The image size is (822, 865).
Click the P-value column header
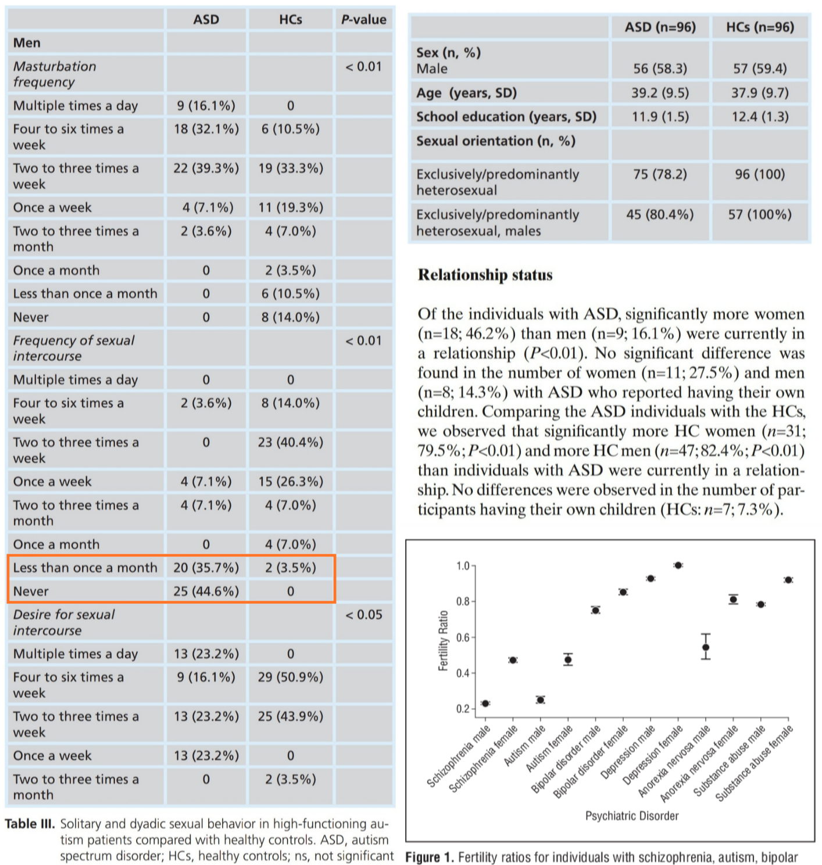click(x=363, y=20)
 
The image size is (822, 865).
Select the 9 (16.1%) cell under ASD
click(x=206, y=106)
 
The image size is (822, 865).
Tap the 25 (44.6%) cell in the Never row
click(x=206, y=591)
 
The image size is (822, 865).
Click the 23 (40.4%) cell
click(x=290, y=443)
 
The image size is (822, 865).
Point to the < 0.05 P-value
click(x=363, y=615)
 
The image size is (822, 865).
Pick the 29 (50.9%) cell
click(x=290, y=677)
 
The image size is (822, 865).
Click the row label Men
click(x=27, y=43)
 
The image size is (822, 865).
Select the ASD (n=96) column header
click(x=660, y=27)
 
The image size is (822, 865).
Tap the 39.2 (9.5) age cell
click(x=660, y=93)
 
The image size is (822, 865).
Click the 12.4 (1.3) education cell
click(x=760, y=117)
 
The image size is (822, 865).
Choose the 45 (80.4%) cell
click(x=660, y=215)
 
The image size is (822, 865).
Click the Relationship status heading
click(x=485, y=275)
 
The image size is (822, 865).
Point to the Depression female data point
click(x=678, y=565)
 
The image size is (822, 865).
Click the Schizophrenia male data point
click(x=485, y=704)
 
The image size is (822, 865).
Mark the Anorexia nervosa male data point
click(x=706, y=647)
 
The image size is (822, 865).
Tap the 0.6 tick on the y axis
click(x=463, y=637)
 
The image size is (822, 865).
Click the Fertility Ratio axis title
click(x=444, y=640)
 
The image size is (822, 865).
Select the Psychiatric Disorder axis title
click(x=632, y=816)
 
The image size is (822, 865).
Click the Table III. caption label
click(x=30, y=824)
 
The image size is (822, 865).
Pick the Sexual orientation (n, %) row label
click(x=495, y=141)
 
